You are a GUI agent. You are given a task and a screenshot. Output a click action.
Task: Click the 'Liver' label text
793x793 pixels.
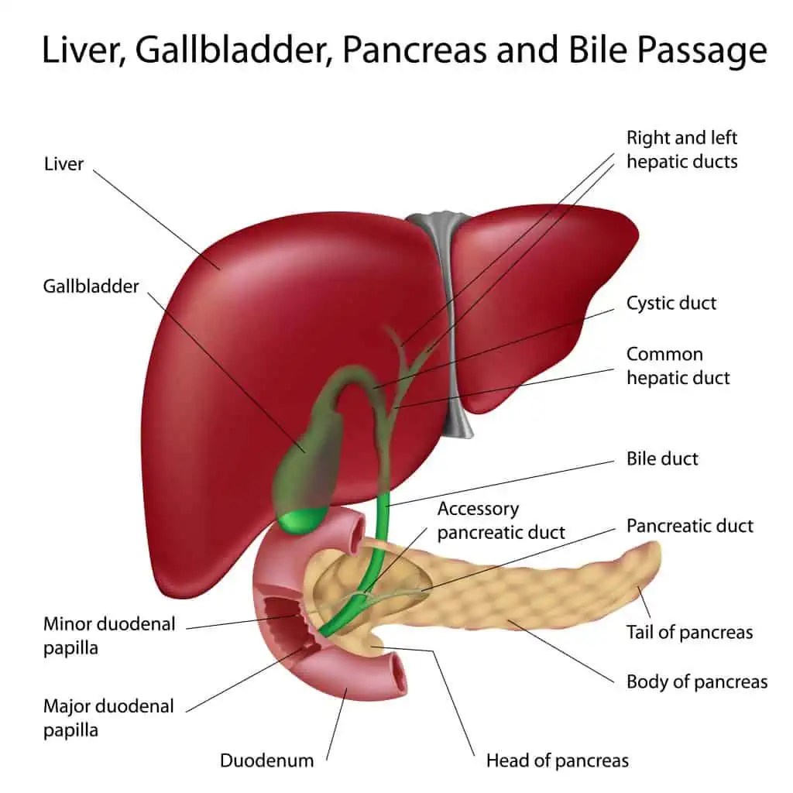tap(64, 163)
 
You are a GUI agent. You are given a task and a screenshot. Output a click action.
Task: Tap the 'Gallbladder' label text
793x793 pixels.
tap(91, 286)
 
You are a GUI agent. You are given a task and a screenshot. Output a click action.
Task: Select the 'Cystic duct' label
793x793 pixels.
tap(671, 303)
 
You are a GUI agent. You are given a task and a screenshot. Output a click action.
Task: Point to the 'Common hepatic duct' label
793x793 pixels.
tap(678, 366)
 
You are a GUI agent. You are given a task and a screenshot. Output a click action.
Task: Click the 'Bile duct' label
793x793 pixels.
tap(662, 458)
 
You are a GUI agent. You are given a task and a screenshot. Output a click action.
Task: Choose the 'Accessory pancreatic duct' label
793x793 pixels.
tap(501, 520)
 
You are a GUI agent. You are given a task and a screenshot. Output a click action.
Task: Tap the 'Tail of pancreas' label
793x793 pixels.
tap(689, 632)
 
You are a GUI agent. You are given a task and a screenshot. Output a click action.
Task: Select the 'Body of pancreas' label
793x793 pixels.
tap(696, 682)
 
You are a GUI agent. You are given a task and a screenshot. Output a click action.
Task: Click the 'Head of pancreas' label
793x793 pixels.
tap(557, 760)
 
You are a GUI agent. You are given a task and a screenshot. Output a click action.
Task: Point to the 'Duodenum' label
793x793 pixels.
tap(266, 760)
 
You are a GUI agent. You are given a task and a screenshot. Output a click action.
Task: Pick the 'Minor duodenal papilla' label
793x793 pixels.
tap(109, 635)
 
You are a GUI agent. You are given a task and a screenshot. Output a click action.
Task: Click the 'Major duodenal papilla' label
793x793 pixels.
tap(108, 718)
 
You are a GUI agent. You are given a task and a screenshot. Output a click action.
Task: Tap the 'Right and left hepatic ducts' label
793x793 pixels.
tap(681, 149)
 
